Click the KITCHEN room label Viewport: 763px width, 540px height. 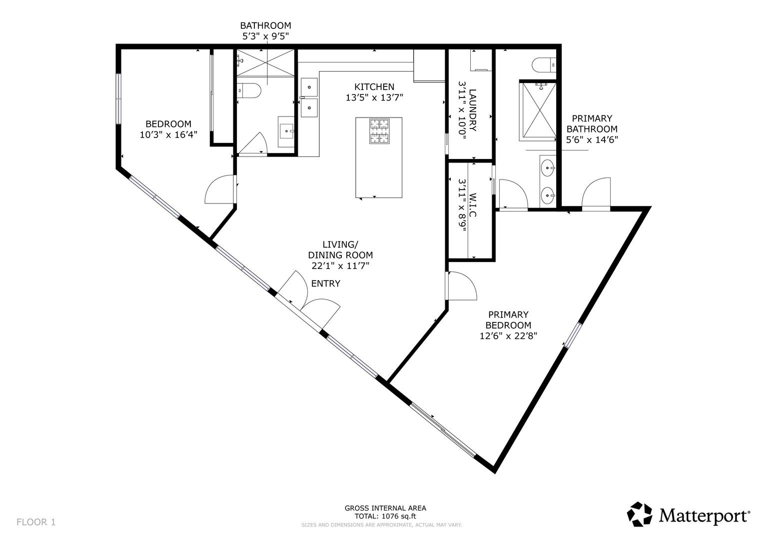[x=374, y=87]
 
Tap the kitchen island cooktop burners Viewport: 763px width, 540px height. [x=379, y=131]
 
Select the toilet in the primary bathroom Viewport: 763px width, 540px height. [x=544, y=65]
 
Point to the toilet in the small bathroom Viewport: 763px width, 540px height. [x=249, y=90]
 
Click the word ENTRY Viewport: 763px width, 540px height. [x=326, y=283]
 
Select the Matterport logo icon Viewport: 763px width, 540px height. [x=640, y=514]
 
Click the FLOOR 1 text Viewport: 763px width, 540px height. [x=36, y=522]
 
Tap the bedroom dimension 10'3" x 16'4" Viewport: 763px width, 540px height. [x=168, y=134]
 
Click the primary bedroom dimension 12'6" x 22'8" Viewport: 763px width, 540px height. [x=508, y=336]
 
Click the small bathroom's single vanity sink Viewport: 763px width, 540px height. [x=286, y=131]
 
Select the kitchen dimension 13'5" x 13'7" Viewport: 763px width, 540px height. [x=374, y=98]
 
